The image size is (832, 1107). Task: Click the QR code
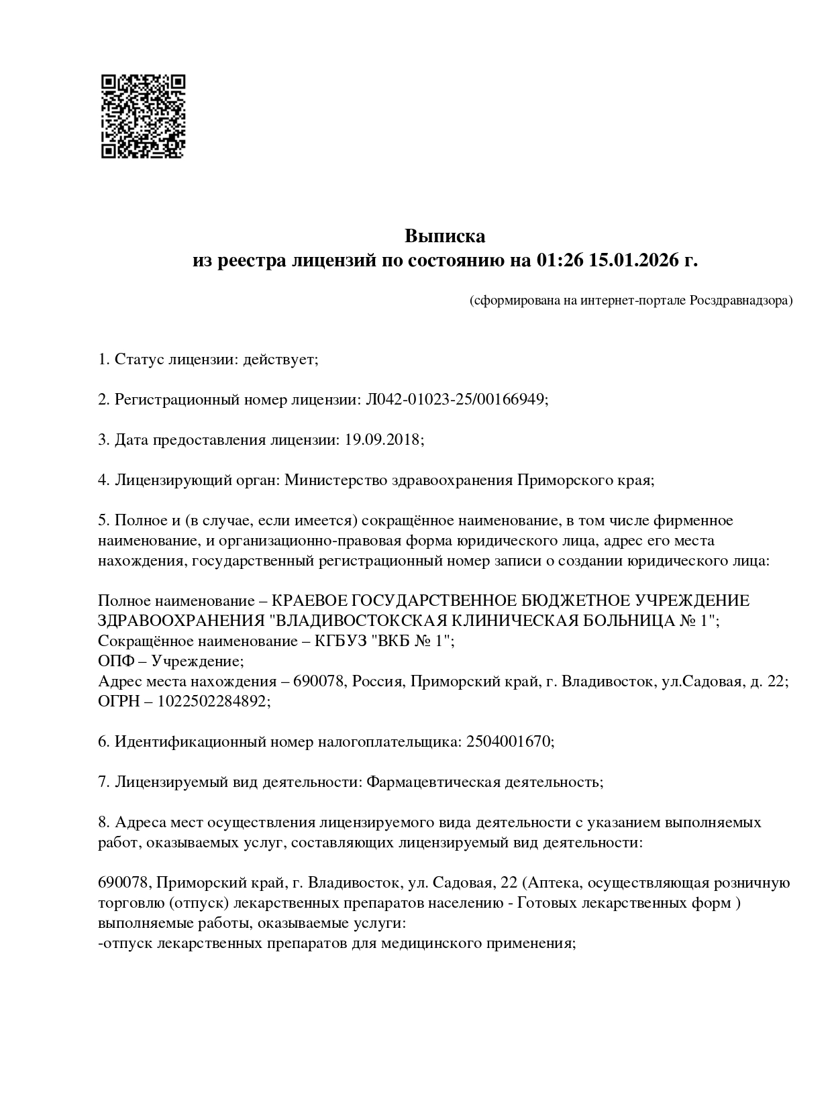point(142,116)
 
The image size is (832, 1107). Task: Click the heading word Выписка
point(444,236)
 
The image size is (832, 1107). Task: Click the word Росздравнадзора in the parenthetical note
point(740,300)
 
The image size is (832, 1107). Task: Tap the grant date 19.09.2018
point(383,440)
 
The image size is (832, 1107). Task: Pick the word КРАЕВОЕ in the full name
point(311,600)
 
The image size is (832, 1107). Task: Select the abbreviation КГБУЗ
point(337,641)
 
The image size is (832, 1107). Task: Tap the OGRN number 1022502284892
point(213,701)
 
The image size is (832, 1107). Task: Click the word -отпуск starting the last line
point(125,943)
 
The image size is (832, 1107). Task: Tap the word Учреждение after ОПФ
point(197,661)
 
